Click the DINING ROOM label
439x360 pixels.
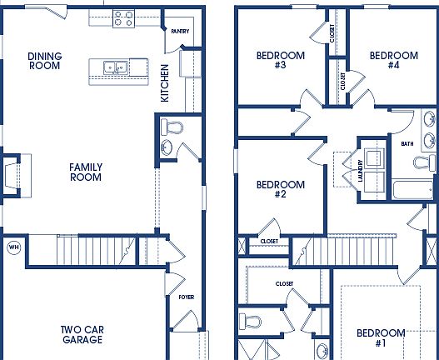coord(44,61)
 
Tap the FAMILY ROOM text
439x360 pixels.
coord(85,172)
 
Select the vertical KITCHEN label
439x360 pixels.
coord(165,82)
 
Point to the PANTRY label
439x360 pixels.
coord(179,32)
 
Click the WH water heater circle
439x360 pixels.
coord(13,247)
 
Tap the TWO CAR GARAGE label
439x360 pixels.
coord(82,334)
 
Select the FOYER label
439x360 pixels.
coord(187,297)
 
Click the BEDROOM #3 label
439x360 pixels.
coord(280,61)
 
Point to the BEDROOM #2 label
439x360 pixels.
coord(280,189)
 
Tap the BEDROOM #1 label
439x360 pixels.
coord(381,337)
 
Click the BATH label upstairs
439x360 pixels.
coord(407,143)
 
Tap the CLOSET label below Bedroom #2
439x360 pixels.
coord(269,242)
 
